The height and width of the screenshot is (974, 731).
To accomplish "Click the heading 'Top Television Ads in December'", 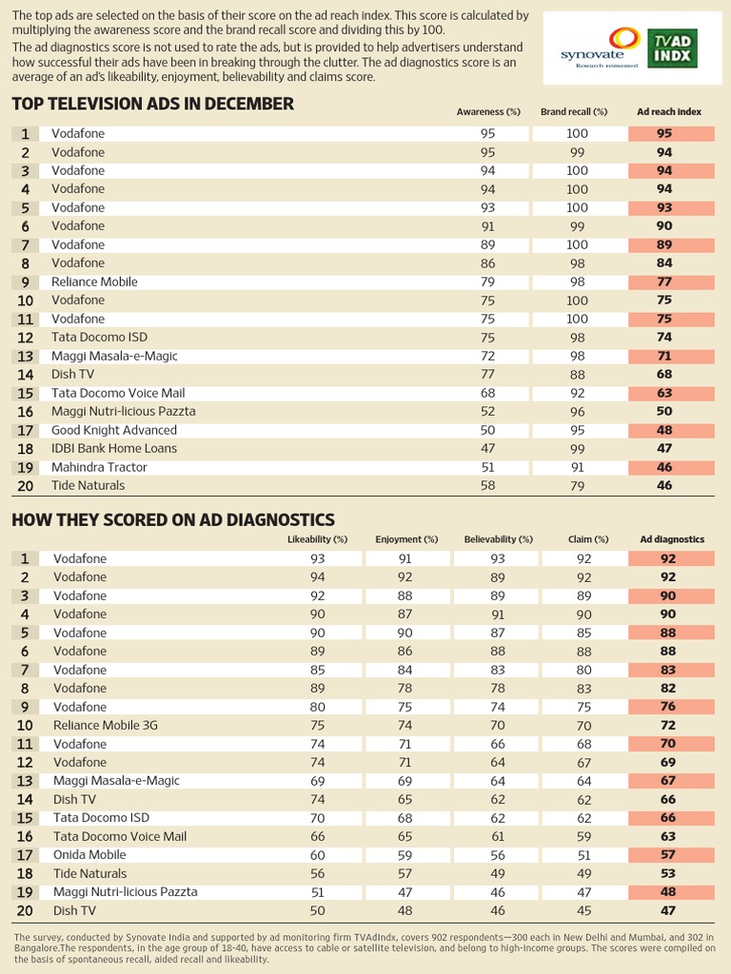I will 153,104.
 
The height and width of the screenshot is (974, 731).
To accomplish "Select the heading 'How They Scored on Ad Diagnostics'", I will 173,519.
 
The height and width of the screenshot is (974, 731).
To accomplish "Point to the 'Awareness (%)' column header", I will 488,112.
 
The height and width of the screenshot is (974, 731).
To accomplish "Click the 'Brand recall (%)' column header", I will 574,112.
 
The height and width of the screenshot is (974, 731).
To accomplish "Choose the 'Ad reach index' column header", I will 669,112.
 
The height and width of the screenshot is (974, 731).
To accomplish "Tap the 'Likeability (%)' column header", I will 317,539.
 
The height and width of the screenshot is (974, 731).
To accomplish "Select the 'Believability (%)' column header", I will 497,539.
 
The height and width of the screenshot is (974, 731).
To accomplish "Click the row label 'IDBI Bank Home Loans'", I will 114,448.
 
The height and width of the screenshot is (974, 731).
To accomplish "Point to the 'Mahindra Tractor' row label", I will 99,467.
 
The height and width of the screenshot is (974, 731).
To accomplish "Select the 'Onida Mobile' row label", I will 89,854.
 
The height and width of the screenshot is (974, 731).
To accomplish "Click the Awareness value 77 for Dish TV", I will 488,375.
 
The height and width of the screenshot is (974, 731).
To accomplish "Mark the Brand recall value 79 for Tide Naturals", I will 577,485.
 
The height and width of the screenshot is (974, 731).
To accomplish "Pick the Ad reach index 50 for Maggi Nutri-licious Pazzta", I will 664,411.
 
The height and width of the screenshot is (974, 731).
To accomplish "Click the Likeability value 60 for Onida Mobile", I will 318,854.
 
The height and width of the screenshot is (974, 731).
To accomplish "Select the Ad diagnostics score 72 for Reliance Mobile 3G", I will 668,725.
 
